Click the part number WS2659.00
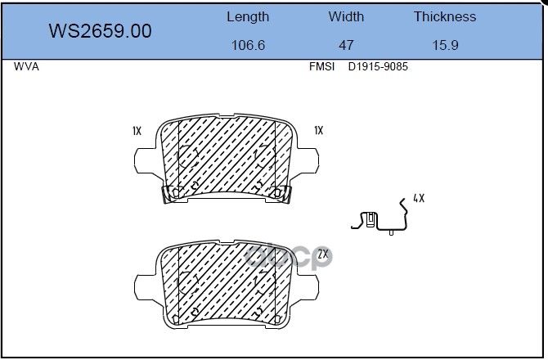tap(100, 31)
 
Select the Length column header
tap(248, 17)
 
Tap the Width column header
tap(346, 17)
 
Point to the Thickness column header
tap(445, 17)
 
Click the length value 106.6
tap(248, 45)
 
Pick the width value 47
tap(346, 45)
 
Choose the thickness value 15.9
tap(445, 45)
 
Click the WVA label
tap(26, 66)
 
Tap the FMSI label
tap(321, 66)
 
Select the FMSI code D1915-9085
tap(378, 66)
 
